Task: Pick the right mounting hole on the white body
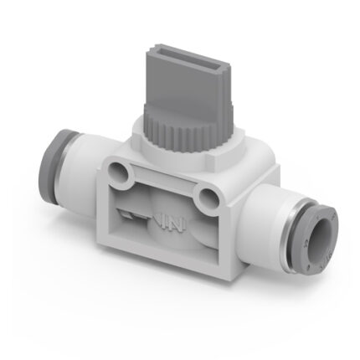click(204, 198)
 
